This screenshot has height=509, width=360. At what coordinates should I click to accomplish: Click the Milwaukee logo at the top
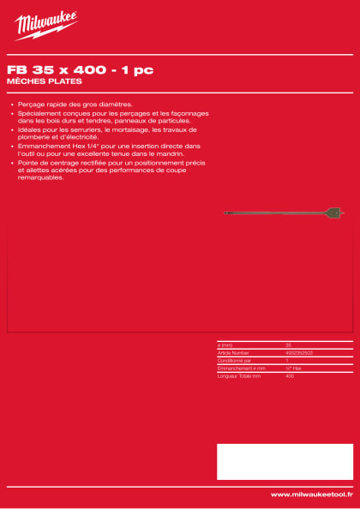pos(47,25)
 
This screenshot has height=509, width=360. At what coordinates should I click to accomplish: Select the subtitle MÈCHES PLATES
pos(44,81)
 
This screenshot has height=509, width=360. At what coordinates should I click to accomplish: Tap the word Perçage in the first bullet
pos(30,102)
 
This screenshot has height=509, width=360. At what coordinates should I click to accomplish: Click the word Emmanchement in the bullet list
pos(42,147)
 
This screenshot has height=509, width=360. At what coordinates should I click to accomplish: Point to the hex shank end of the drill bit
pos(225,212)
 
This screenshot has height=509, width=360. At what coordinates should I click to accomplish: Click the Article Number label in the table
pos(232,352)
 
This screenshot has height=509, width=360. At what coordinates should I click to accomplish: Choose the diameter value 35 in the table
pos(288,344)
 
